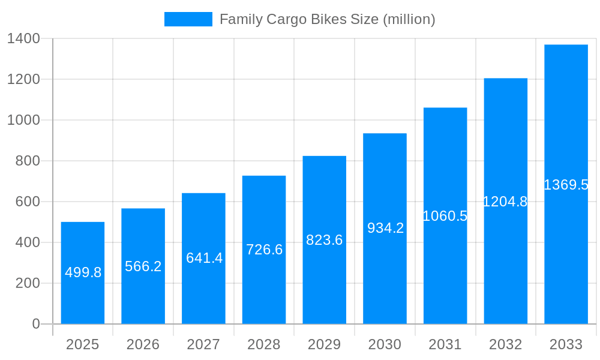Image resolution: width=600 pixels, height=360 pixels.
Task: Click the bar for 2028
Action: [264, 288]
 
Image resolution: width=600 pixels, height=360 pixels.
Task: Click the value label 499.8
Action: [83, 272]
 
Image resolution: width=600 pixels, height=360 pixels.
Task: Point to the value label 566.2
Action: [143, 266]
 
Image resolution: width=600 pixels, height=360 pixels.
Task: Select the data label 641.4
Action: [204, 258]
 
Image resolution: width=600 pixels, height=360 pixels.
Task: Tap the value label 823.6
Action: [325, 240]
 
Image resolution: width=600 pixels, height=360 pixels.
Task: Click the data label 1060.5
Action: [445, 216]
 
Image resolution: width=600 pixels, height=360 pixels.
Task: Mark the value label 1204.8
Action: [505, 202]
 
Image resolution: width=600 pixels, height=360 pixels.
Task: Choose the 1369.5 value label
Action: [566, 185]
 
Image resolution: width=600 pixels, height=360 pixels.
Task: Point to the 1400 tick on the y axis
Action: [23, 39]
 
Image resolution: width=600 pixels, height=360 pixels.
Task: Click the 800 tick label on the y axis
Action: [28, 161]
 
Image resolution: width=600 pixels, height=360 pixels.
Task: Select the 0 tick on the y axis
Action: [36, 324]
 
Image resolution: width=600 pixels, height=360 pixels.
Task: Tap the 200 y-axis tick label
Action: [28, 283]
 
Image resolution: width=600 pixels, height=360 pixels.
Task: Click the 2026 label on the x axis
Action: [143, 344]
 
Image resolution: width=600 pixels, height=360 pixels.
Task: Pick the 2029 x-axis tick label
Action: [324, 344]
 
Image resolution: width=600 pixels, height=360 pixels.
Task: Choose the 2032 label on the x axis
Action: [505, 344]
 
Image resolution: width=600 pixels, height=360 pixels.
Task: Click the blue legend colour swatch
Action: [188, 19]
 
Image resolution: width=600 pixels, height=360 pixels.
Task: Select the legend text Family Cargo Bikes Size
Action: [327, 19]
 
